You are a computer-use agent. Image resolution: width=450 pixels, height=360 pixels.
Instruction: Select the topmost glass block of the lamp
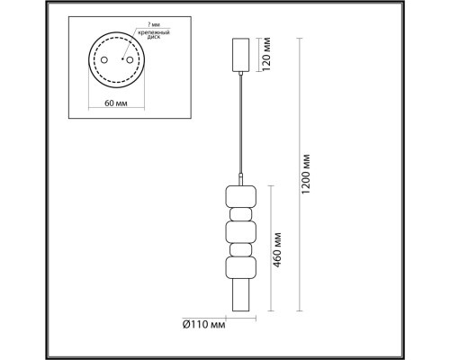pos(240,194)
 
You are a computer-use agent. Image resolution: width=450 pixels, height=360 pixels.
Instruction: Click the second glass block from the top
pos(240,213)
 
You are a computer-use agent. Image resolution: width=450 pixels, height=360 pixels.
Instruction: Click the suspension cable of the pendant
pos(240,126)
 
